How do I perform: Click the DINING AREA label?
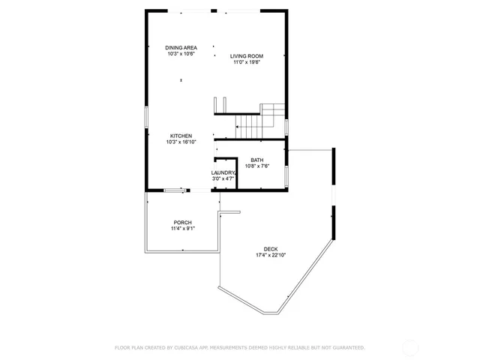tap(181, 48)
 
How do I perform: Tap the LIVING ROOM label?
tap(245, 56)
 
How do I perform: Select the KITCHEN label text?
tap(181, 136)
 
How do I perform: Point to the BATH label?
tap(257, 160)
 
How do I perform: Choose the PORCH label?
tap(182, 223)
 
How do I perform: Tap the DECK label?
tap(271, 249)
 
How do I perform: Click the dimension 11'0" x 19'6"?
tap(245, 62)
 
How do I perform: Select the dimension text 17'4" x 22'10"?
tap(271, 255)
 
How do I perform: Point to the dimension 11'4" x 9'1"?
tap(182, 229)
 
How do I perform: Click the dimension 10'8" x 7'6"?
tap(257, 166)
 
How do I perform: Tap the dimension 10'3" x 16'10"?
tap(181, 142)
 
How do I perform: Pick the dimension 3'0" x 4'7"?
tap(223, 179)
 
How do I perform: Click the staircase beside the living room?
tap(259, 120)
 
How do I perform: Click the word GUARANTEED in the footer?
tap(346, 348)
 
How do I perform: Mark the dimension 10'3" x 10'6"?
tap(181, 54)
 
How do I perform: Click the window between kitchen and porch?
tap(175, 190)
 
